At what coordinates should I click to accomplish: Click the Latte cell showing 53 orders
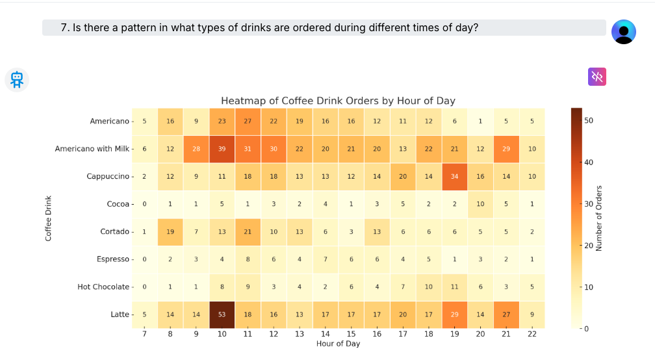point(222,315)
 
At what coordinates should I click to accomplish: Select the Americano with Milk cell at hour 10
point(222,149)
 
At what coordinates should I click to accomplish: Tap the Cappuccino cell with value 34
point(454,177)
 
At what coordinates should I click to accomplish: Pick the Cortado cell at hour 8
point(170,232)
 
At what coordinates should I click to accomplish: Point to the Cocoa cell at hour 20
point(480,204)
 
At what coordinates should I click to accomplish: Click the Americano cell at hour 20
point(480,121)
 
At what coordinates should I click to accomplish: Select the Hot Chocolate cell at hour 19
point(454,287)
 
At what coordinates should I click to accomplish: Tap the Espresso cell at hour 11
point(248,259)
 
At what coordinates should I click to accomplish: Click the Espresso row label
point(113,259)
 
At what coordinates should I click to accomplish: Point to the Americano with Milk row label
point(92,149)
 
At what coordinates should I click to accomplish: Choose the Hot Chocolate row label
point(103,287)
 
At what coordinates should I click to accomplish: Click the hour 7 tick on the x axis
point(144,333)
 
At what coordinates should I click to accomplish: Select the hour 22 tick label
point(532,333)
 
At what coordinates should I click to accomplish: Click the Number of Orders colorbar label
point(599,218)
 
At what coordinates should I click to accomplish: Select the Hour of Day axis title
point(338,344)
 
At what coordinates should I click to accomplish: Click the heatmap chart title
point(338,101)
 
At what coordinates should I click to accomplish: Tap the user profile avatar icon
point(624,31)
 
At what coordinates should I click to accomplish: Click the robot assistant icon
point(17,79)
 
